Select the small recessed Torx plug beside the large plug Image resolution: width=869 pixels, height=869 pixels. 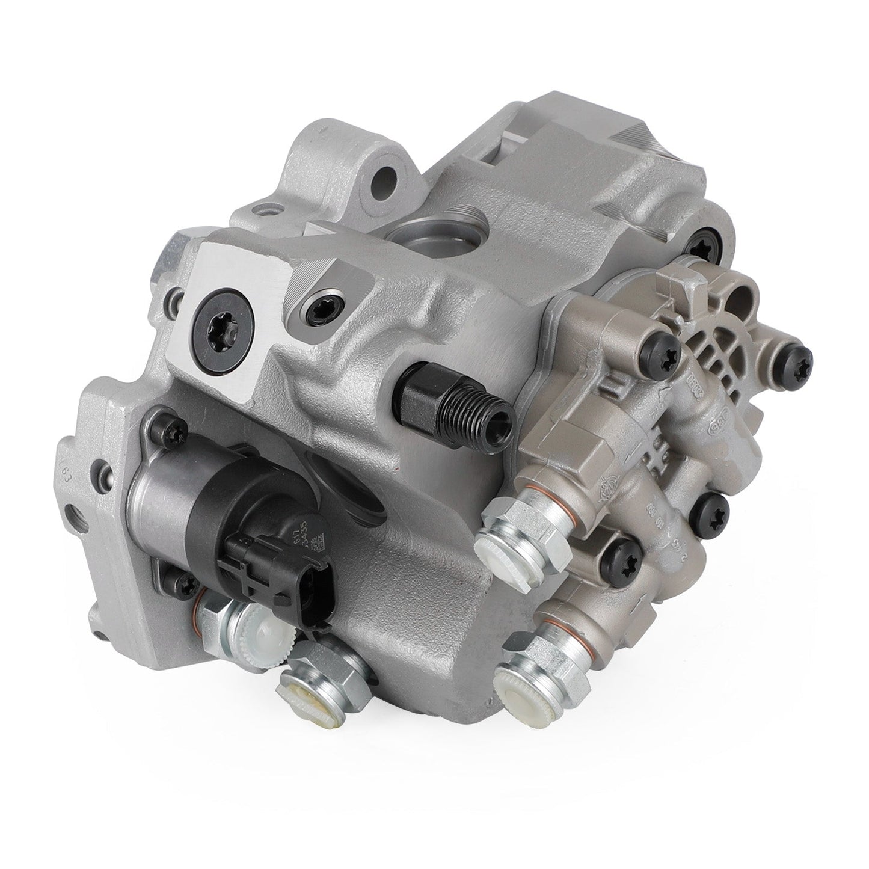click(x=316, y=310)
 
